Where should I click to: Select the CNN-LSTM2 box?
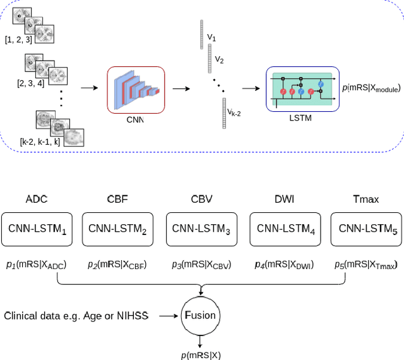117,229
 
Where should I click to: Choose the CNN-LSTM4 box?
283,229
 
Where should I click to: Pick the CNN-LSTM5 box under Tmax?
367,229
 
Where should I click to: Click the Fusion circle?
200,314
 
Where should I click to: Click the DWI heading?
283,199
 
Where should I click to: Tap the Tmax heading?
366,199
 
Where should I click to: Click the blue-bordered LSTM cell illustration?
302,88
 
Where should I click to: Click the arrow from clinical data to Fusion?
168,314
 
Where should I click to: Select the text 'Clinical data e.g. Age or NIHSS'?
76,315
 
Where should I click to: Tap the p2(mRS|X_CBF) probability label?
117,265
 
